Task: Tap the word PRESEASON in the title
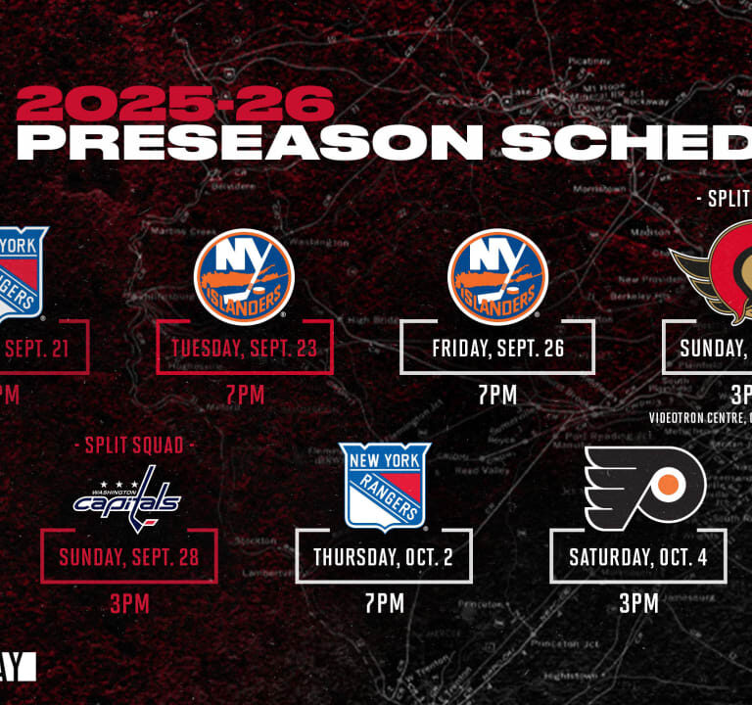pyautogui.click(x=250, y=143)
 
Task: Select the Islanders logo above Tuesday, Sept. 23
pyautogui.click(x=244, y=277)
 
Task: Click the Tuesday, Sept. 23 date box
pyautogui.click(x=245, y=348)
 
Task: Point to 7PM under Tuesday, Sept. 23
pyautogui.click(x=245, y=395)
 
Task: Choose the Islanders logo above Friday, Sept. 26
pyautogui.click(x=497, y=277)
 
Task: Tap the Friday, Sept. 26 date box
pyautogui.click(x=497, y=348)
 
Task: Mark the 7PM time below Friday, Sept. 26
pyautogui.click(x=497, y=395)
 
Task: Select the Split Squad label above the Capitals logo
pyautogui.click(x=129, y=446)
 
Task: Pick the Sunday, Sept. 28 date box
pyautogui.click(x=129, y=557)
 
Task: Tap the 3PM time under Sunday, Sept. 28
pyautogui.click(x=129, y=603)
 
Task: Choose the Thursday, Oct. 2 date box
pyautogui.click(x=384, y=557)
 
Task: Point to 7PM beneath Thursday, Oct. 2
pyautogui.click(x=384, y=603)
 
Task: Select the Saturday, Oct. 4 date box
pyautogui.click(x=638, y=557)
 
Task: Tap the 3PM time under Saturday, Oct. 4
pyautogui.click(x=638, y=603)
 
